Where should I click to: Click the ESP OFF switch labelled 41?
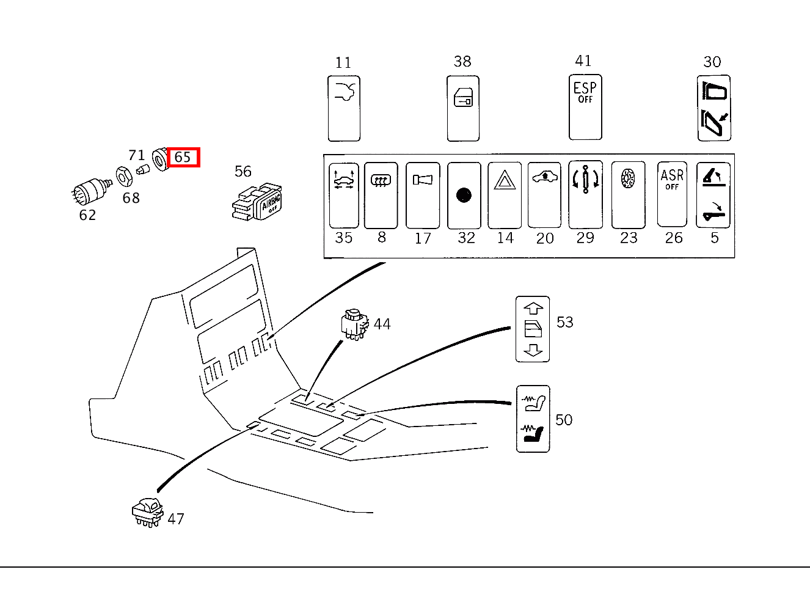click(x=585, y=108)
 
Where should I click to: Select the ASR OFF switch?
click(x=672, y=194)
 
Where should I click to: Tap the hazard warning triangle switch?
click(x=505, y=194)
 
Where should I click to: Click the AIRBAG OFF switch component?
click(x=258, y=202)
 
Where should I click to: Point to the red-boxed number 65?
click(x=183, y=157)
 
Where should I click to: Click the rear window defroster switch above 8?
click(x=381, y=195)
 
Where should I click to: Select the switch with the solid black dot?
click(x=464, y=195)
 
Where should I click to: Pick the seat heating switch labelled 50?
click(x=533, y=419)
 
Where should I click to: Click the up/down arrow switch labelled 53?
click(x=533, y=329)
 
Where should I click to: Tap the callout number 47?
click(x=176, y=519)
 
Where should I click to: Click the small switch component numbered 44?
click(x=354, y=323)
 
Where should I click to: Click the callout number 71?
click(x=136, y=156)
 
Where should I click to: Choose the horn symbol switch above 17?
click(x=422, y=195)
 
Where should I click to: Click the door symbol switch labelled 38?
click(x=463, y=108)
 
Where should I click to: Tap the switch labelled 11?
click(x=344, y=108)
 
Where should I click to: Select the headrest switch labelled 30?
click(x=713, y=108)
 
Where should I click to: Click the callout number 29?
click(x=585, y=238)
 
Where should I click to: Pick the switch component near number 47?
click(x=147, y=512)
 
